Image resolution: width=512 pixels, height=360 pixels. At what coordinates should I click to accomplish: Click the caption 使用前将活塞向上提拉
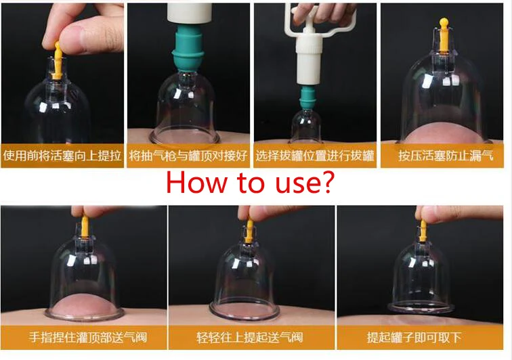coord(63,156)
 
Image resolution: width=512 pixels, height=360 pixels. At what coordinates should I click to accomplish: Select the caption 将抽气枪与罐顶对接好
coord(189,156)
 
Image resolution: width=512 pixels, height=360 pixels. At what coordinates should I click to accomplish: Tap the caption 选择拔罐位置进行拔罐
coord(315,156)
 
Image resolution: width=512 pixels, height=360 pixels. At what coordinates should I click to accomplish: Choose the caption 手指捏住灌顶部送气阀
coord(84,336)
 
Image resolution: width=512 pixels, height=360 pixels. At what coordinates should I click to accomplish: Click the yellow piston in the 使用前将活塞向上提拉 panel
coord(58,53)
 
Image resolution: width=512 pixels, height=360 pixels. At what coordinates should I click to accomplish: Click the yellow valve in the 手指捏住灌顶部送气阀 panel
coord(85,227)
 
